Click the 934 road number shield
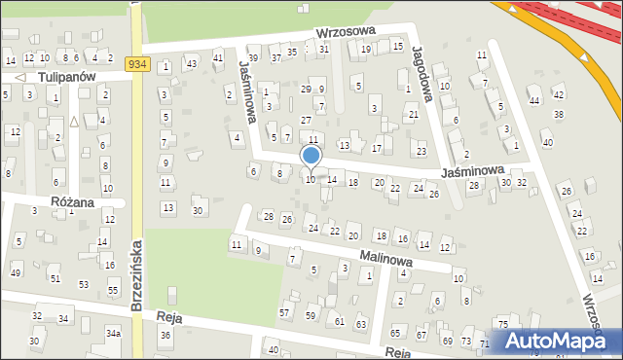tap(137, 64)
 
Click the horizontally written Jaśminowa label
tap(471, 169)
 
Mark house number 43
tap(192, 64)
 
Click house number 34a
tap(114, 334)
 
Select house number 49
tap(15, 271)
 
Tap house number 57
tap(284, 312)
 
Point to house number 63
tap(360, 323)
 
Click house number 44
tap(533, 100)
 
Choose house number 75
tap(502, 324)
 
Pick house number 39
tap(253, 58)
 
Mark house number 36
tap(165, 335)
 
